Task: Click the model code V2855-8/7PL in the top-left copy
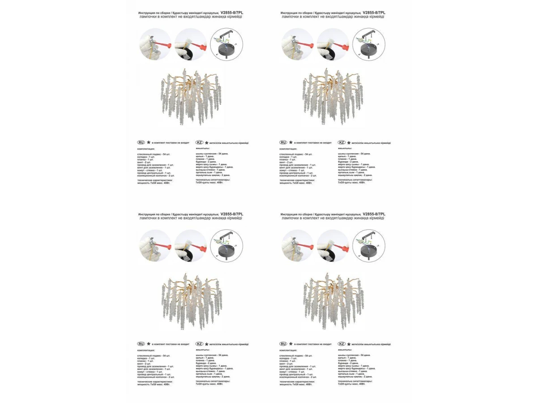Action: pyautogui.click(x=232, y=13)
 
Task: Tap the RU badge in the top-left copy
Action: pyautogui.click(x=141, y=142)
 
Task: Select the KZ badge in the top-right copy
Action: pyautogui.click(x=341, y=142)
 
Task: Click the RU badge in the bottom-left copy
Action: pyautogui.click(x=141, y=344)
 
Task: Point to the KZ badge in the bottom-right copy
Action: pyautogui.click(x=341, y=344)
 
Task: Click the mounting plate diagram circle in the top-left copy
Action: pyautogui.click(x=226, y=44)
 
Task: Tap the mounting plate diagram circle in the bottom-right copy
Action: pyautogui.click(x=369, y=246)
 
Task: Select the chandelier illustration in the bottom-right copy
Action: pyautogui.click(x=333, y=298)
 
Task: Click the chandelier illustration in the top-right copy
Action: pyautogui.click(x=333, y=96)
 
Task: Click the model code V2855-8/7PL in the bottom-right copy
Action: pyautogui.click(x=374, y=214)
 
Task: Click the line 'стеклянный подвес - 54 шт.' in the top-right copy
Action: pyautogui.click(x=296, y=154)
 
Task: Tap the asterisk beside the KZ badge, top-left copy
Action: pyautogui.click(x=207, y=142)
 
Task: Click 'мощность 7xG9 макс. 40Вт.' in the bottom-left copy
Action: pyautogui.click(x=153, y=384)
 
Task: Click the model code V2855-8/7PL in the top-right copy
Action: pyautogui.click(x=374, y=13)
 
